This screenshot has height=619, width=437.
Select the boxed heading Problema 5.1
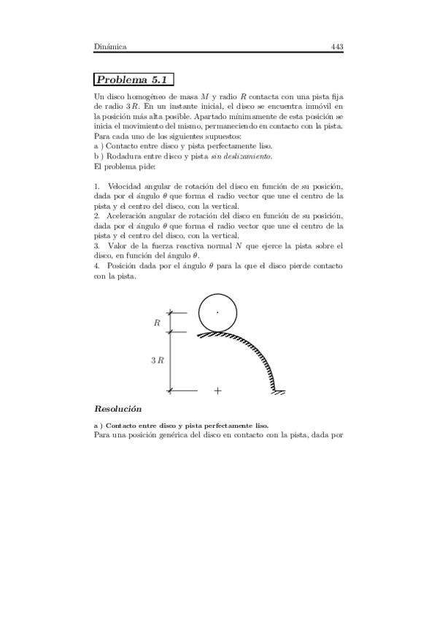click(x=134, y=80)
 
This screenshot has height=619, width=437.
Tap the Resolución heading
click(x=117, y=408)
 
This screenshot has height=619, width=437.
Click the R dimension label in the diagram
click(x=156, y=322)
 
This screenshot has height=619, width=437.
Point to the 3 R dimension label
click(x=156, y=361)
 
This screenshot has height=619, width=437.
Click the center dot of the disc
click(x=217, y=312)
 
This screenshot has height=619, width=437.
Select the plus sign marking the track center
click(x=217, y=391)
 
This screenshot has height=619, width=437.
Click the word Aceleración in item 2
click(x=131, y=218)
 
